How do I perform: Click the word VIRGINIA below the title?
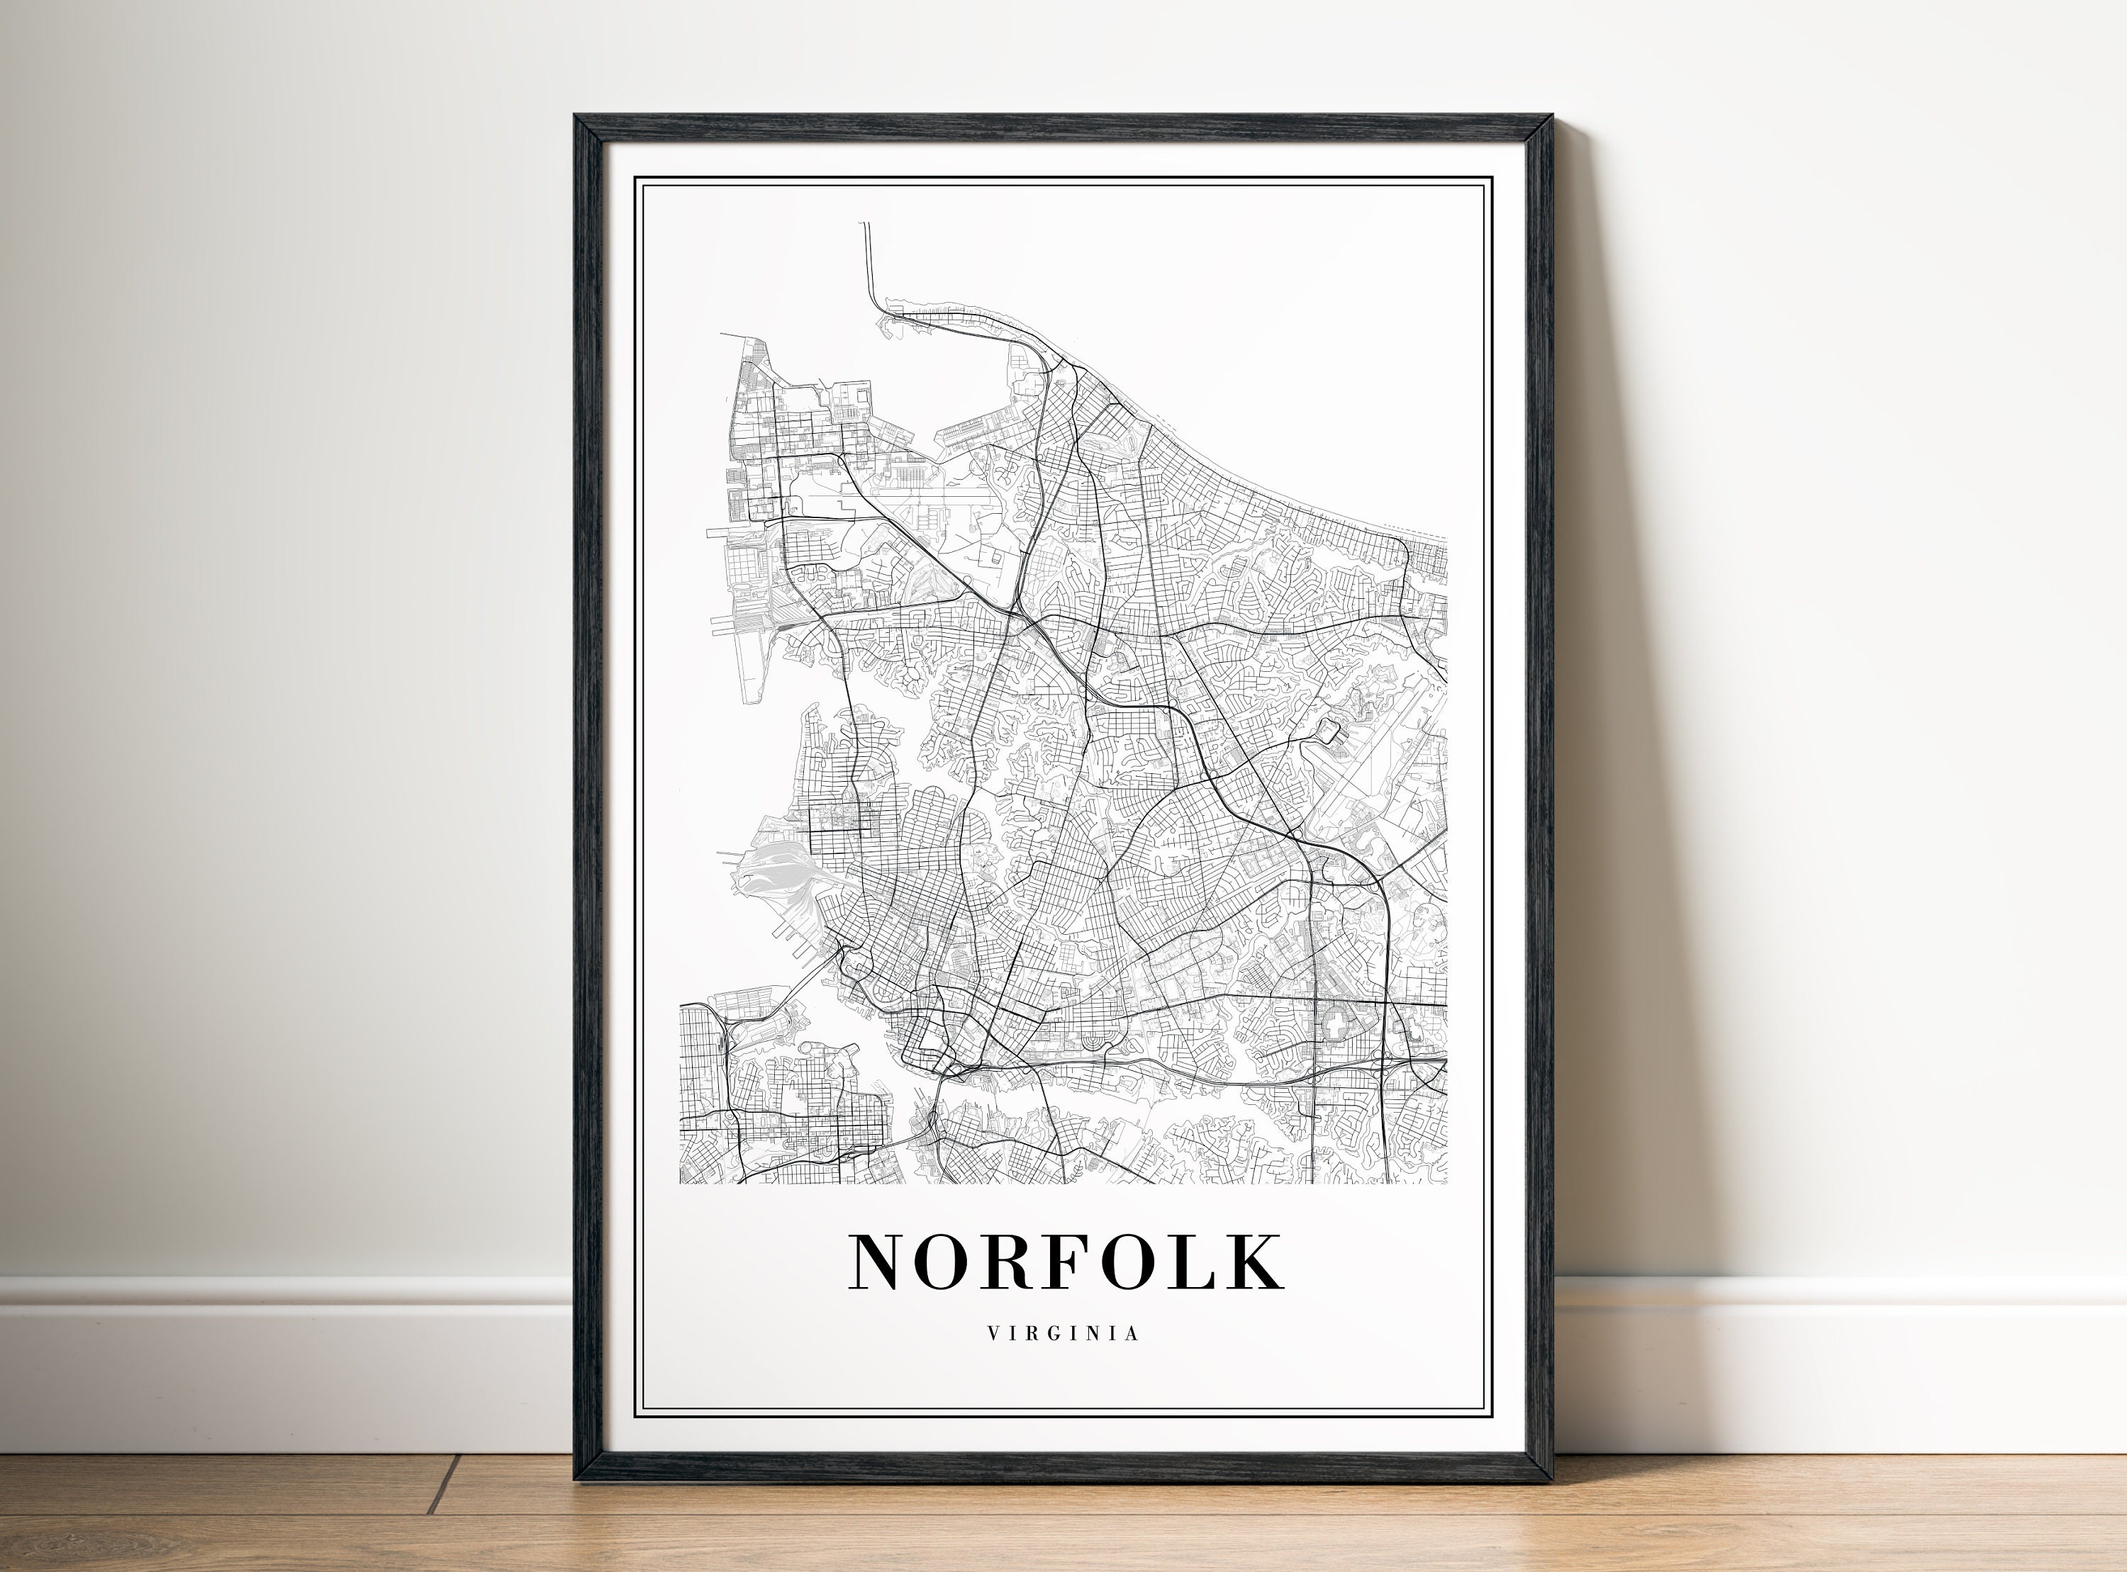(1063, 1334)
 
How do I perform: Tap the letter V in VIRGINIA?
(993, 1334)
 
